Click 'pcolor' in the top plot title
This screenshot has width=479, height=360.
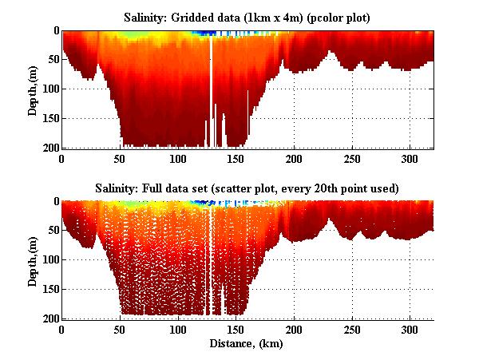pos(308,17)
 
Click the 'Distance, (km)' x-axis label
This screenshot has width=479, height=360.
pos(247,345)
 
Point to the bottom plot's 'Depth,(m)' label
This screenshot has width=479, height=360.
pos(33,259)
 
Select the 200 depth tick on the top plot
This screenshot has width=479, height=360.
pos(49,148)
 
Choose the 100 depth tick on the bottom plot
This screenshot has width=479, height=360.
pos(49,259)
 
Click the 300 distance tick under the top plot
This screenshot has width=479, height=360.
pos(410,159)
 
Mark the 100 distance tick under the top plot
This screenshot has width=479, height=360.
pos(178,159)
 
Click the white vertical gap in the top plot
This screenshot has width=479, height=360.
pos(211,88)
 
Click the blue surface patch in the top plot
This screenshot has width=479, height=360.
pos(209,33)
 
